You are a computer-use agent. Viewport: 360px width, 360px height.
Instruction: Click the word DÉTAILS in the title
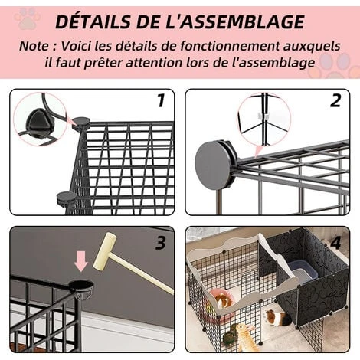pos(93,21)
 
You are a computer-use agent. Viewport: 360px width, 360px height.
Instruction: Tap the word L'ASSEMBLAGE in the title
pos(234,21)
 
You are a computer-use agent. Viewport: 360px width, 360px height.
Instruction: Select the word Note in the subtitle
pos(34,46)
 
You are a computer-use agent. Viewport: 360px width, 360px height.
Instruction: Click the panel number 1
pos(161,100)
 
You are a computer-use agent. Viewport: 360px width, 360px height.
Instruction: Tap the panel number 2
pos(335,100)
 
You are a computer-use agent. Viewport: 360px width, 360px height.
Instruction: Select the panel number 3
pos(161,243)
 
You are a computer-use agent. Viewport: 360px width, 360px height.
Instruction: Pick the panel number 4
pos(335,243)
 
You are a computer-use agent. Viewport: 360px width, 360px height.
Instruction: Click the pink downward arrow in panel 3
pos(81,262)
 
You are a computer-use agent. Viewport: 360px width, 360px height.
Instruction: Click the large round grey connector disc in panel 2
pos(213,165)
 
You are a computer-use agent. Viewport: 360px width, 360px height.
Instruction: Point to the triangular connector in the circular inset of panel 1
pos(38,119)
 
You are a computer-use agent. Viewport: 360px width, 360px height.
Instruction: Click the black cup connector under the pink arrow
pos(81,289)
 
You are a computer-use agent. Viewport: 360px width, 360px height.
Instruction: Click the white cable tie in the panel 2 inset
pos(263,116)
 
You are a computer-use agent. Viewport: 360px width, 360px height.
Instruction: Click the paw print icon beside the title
pos(28,18)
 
